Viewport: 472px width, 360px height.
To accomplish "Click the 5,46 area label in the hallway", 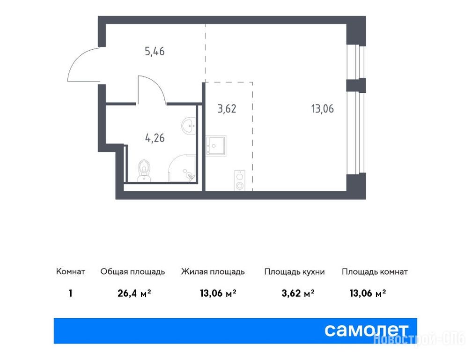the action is (155, 52).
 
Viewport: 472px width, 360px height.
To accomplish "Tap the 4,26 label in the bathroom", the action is (155, 138).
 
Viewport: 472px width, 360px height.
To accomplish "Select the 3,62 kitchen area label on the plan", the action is (227, 109).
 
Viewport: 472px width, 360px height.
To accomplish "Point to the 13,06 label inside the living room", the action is (322, 108).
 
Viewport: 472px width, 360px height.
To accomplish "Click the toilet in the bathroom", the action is (145, 171).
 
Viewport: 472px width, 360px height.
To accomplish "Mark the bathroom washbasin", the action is (189, 124).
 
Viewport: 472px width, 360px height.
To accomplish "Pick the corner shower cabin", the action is (182, 168).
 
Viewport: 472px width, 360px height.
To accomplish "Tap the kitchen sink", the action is (216, 146).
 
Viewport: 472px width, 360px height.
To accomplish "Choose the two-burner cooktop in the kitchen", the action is (240, 180).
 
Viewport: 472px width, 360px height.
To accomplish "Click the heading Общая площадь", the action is (133, 272).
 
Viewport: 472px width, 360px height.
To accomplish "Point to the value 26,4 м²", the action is (134, 293).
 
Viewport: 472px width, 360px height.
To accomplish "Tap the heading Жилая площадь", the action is (213, 272).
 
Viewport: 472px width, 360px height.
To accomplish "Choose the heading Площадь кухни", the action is (295, 272).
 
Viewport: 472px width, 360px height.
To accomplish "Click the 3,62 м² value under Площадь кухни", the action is (298, 293).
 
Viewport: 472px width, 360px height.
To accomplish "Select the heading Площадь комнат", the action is (375, 272).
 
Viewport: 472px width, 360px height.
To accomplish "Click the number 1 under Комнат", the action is (70, 293).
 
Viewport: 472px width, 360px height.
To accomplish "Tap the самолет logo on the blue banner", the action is (366, 330).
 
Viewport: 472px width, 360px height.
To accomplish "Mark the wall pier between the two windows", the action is (356, 85).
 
